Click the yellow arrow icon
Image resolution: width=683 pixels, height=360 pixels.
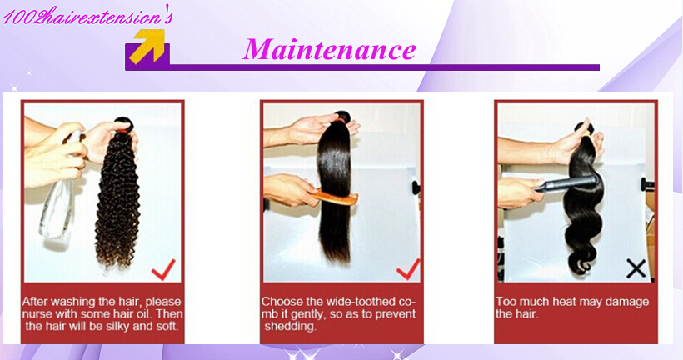tap(148, 46)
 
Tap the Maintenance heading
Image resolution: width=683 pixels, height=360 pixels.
tap(329, 49)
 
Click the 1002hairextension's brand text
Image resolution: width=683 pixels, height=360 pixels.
tap(88, 17)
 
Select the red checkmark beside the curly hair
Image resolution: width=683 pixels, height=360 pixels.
tap(164, 270)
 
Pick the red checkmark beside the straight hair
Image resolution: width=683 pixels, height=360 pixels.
tap(408, 269)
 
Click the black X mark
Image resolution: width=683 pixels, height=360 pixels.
tap(636, 268)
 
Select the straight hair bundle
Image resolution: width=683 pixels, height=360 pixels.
tap(335, 187)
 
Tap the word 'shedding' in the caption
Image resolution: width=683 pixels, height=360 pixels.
tap(290, 327)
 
